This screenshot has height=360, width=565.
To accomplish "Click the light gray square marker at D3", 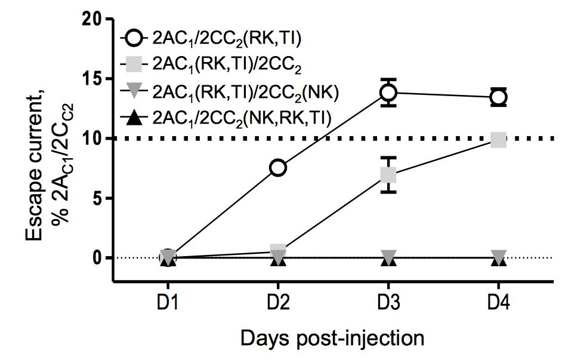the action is coord(388,176).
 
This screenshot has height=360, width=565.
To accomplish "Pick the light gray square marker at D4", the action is coord(499,140).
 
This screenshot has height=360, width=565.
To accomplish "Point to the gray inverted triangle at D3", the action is coord(388,255).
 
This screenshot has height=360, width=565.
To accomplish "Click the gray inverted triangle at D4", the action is coord(499,255).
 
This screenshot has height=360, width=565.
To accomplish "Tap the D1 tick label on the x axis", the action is coord(168,303).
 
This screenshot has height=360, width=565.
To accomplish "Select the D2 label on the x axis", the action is coord(278,303).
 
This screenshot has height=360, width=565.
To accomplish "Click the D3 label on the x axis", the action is coord(388,303).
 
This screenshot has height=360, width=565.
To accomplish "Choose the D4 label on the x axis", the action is coord(499,303).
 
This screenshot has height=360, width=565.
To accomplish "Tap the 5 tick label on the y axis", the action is coord(95,198).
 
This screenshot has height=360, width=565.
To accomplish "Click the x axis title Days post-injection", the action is coord(332,339).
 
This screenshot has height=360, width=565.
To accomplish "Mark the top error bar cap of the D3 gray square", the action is coord(388,158).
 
